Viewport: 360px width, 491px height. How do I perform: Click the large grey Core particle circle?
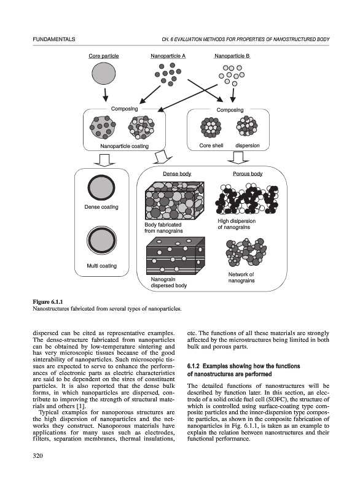click(x=104, y=74)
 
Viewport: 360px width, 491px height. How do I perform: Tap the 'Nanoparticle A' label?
click(x=168, y=56)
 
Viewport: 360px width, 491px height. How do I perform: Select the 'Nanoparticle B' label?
click(x=232, y=56)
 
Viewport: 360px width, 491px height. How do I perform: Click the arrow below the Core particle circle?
click(x=106, y=95)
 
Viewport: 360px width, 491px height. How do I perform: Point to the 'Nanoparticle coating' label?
click(x=124, y=146)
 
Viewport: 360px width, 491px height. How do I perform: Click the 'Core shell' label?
click(x=211, y=145)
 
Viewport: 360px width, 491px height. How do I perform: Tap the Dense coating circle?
click(x=101, y=188)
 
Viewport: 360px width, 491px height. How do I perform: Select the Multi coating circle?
click(x=101, y=241)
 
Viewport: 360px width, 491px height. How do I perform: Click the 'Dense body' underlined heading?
click(x=177, y=174)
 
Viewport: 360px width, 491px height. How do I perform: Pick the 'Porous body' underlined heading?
click(x=248, y=174)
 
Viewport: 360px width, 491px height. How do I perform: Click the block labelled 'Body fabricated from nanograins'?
click(x=174, y=201)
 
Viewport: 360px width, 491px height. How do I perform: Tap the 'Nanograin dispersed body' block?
click(x=176, y=255)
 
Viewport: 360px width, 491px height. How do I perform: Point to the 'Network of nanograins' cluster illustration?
click(x=246, y=252)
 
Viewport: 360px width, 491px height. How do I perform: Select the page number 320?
click(x=37, y=455)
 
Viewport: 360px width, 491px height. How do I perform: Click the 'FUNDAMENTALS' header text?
click(x=54, y=39)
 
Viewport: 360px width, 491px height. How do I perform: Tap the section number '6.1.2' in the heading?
click(x=193, y=366)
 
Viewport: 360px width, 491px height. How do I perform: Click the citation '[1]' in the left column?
click(x=80, y=406)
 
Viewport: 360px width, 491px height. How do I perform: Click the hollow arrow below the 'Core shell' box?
click(x=238, y=158)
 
